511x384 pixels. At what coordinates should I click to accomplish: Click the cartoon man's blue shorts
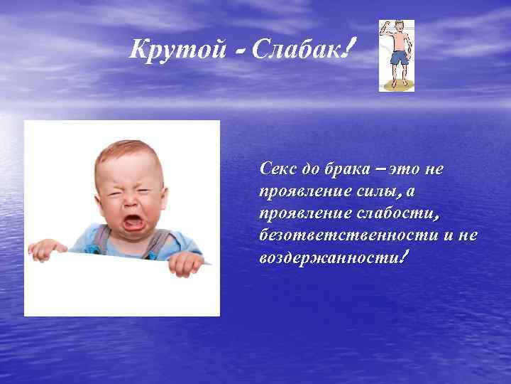[397, 58]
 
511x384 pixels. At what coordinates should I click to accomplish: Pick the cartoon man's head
[398, 28]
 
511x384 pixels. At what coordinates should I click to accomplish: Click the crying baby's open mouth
[133, 222]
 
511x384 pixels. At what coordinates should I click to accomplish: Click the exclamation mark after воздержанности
[403, 255]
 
